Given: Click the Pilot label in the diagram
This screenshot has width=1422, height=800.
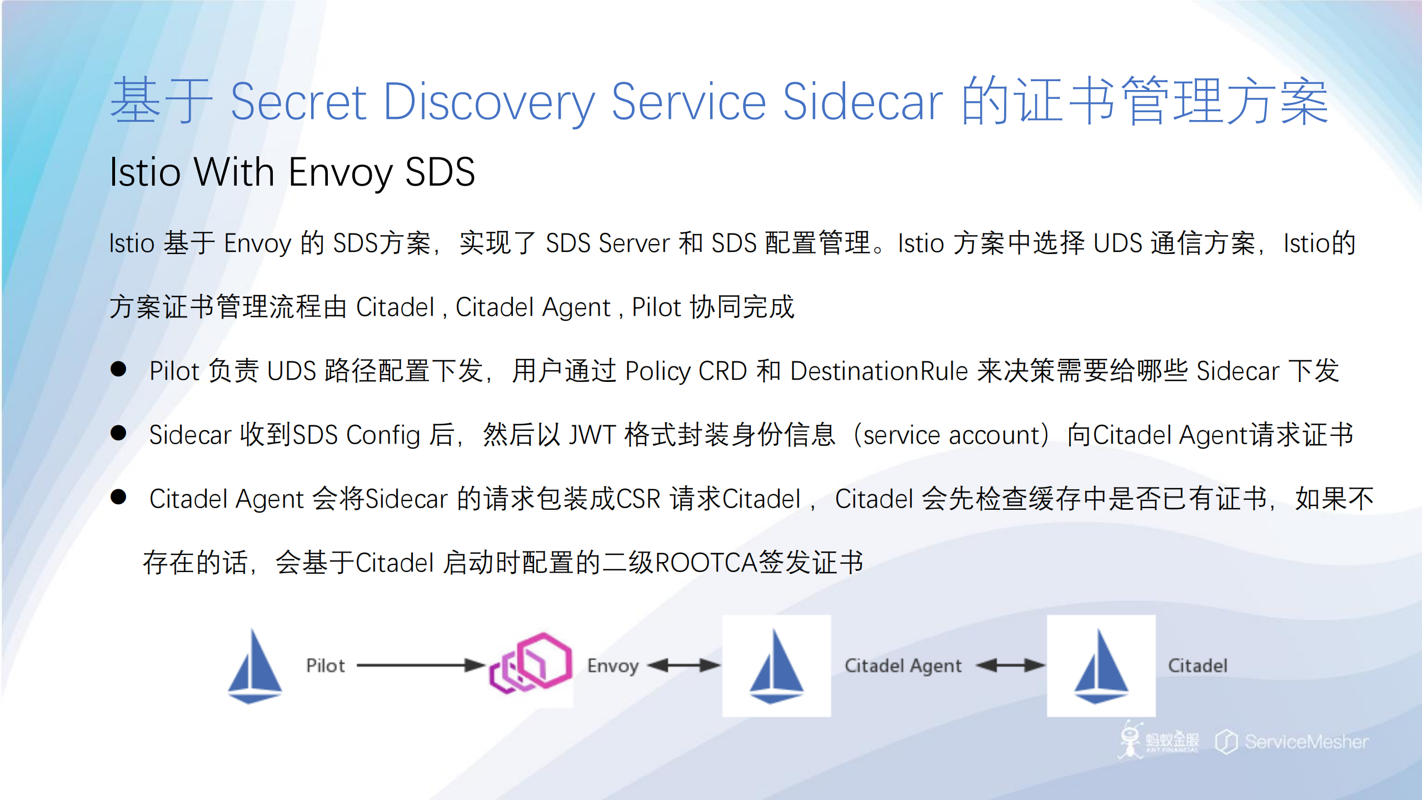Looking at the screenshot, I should click(325, 665).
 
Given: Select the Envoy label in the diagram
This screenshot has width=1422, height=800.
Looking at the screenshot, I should click(613, 665).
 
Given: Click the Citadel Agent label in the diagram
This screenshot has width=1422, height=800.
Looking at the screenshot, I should click(903, 665).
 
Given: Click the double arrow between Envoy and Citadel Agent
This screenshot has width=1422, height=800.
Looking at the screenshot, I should click(683, 665).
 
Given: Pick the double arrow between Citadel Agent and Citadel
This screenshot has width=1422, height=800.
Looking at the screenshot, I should click(1010, 665).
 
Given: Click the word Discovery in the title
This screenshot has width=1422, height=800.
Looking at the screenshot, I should click(489, 102).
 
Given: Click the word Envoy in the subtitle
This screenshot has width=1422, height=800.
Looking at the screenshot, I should click(340, 172).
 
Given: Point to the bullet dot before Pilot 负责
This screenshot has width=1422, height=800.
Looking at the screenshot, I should click(118, 369).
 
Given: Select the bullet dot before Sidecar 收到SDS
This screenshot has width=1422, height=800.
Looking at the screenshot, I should click(118, 433).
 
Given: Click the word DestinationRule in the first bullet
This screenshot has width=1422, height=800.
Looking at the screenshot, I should click(879, 371).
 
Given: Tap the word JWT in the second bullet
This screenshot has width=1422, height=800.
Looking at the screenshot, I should click(592, 435).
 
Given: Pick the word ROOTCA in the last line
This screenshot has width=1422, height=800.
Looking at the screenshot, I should click(706, 563).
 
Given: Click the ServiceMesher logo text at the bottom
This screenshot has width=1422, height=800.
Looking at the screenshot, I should click(1305, 742).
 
